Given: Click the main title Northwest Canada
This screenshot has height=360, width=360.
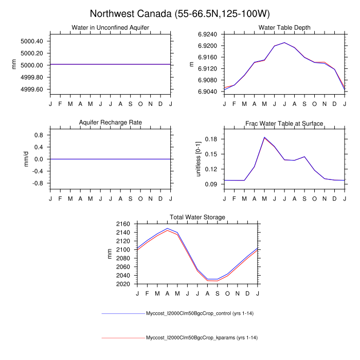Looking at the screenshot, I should [x=179, y=13].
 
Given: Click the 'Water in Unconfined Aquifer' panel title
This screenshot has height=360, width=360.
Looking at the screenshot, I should [x=110, y=27].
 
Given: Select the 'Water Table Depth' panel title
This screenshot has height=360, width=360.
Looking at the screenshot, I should [x=284, y=27].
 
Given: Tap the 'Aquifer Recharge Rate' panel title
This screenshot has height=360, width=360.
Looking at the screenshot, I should [x=110, y=122].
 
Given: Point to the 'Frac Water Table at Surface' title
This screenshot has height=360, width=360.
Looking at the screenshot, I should [x=284, y=123].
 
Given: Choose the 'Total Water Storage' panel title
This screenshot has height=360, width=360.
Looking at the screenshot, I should [x=197, y=218].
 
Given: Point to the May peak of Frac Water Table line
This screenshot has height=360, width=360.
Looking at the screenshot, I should [x=264, y=137].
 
